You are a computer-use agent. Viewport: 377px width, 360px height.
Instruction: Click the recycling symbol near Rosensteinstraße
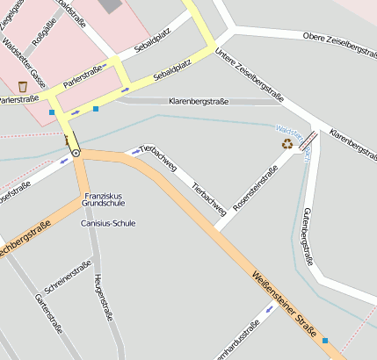[x=286, y=143]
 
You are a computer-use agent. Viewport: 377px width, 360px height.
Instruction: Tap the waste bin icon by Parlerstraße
[x=22, y=87]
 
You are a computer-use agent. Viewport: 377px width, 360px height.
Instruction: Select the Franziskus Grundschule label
[x=104, y=199]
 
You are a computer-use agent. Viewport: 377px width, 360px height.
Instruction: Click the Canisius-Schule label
[x=107, y=223]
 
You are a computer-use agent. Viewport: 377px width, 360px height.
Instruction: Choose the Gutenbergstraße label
[x=308, y=236]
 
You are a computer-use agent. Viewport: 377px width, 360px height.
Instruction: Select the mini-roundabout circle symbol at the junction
[x=76, y=153]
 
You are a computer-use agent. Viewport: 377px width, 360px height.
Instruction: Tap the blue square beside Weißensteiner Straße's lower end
[x=325, y=340]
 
